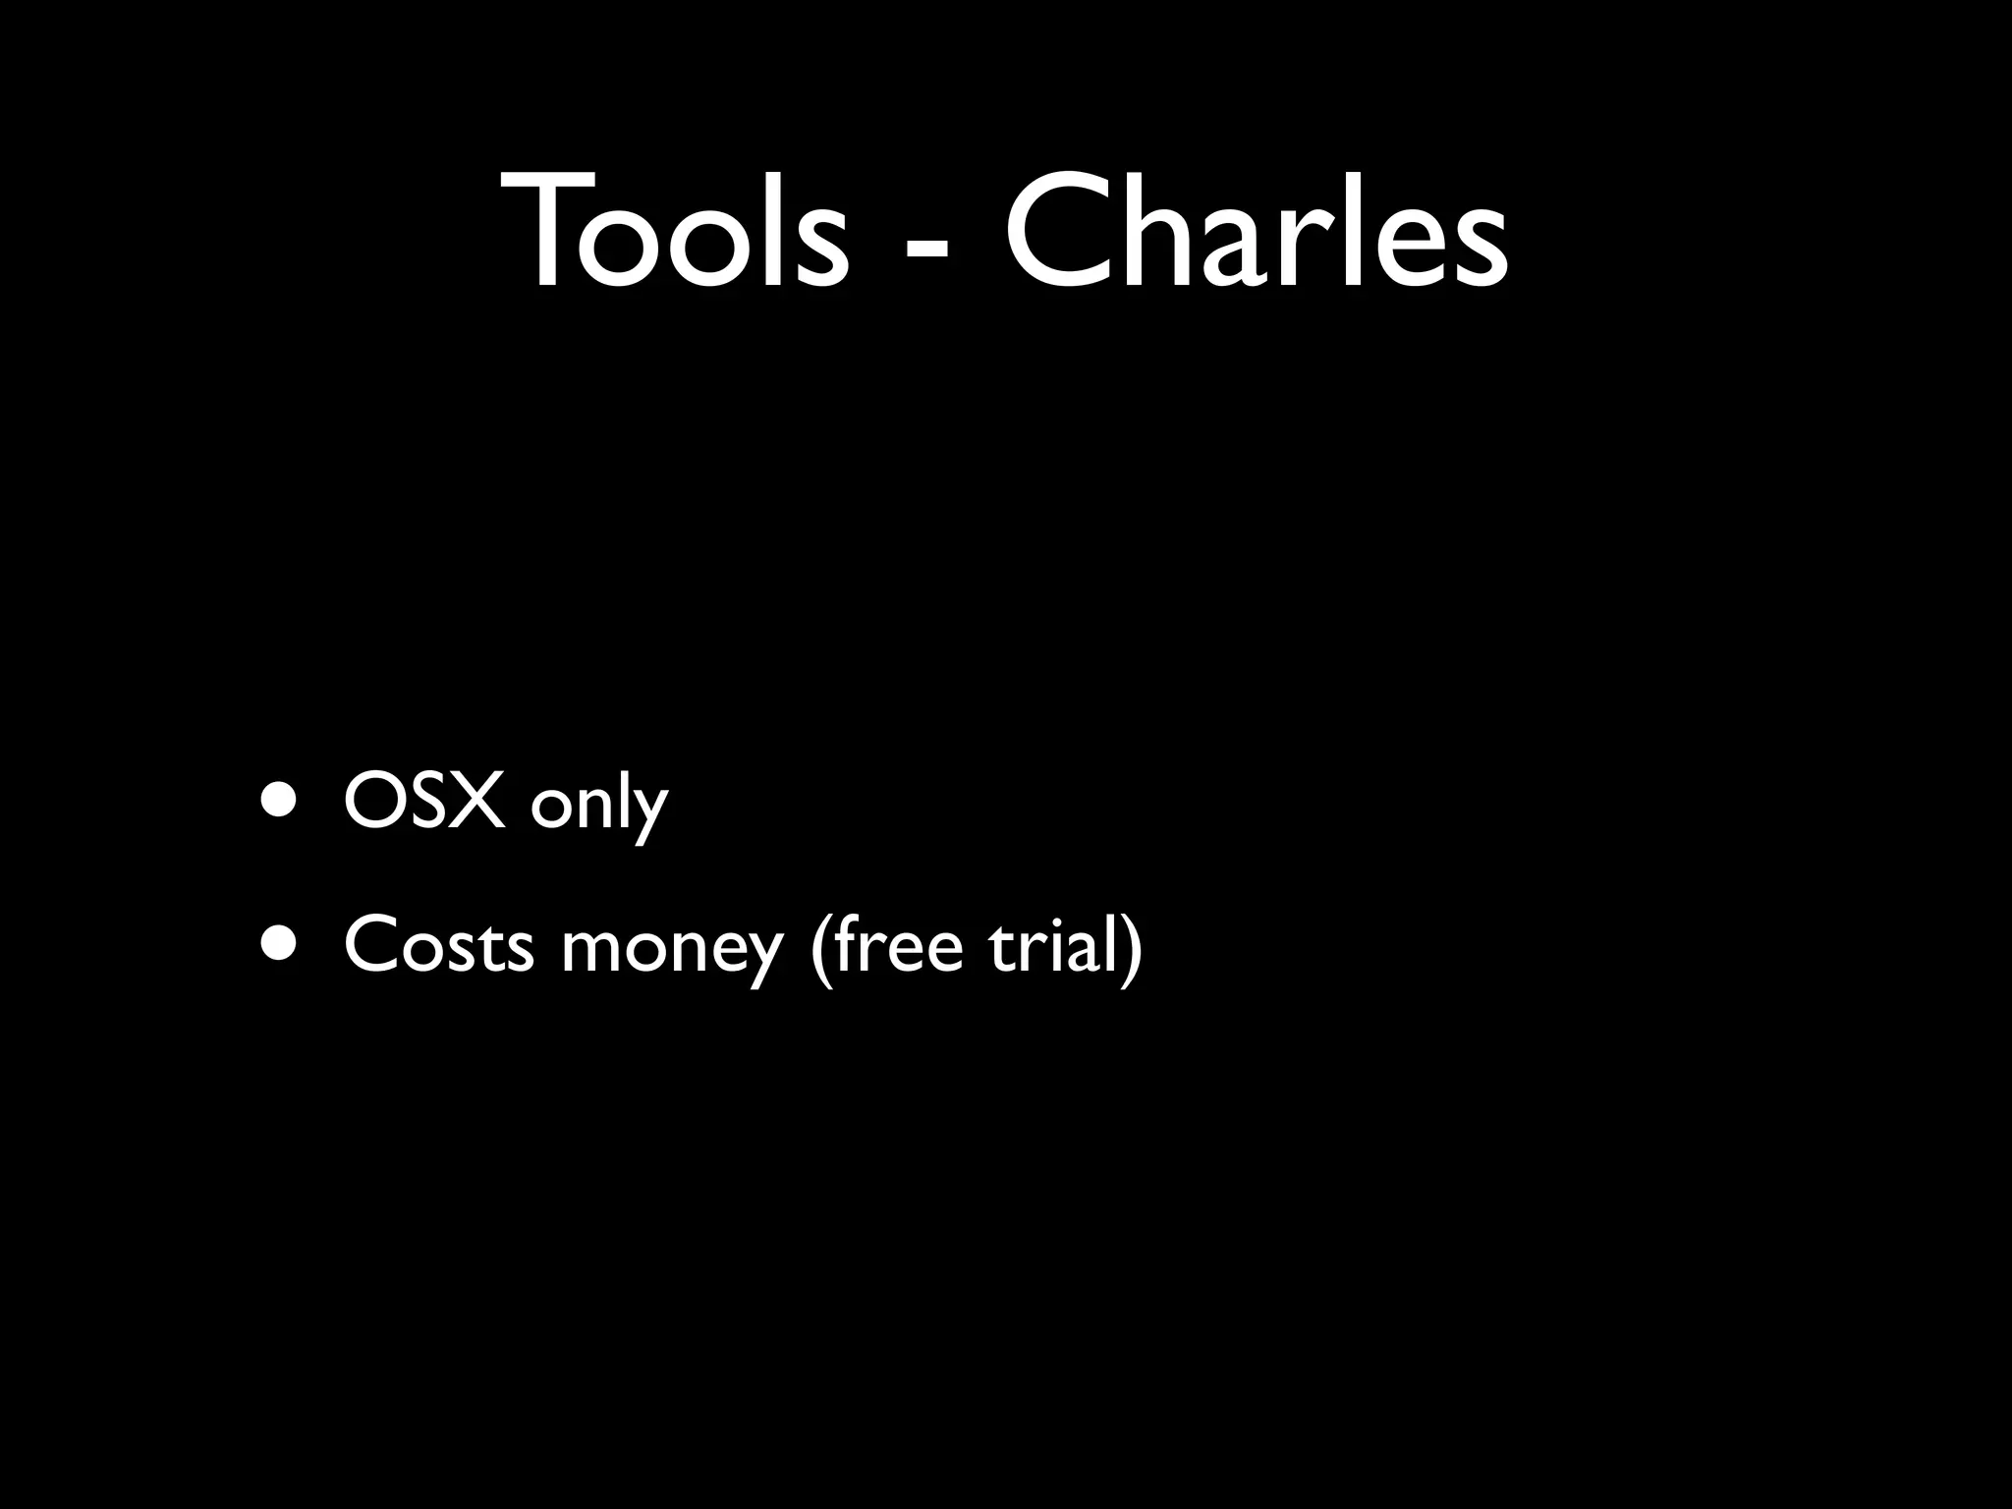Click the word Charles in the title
(x=1256, y=232)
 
